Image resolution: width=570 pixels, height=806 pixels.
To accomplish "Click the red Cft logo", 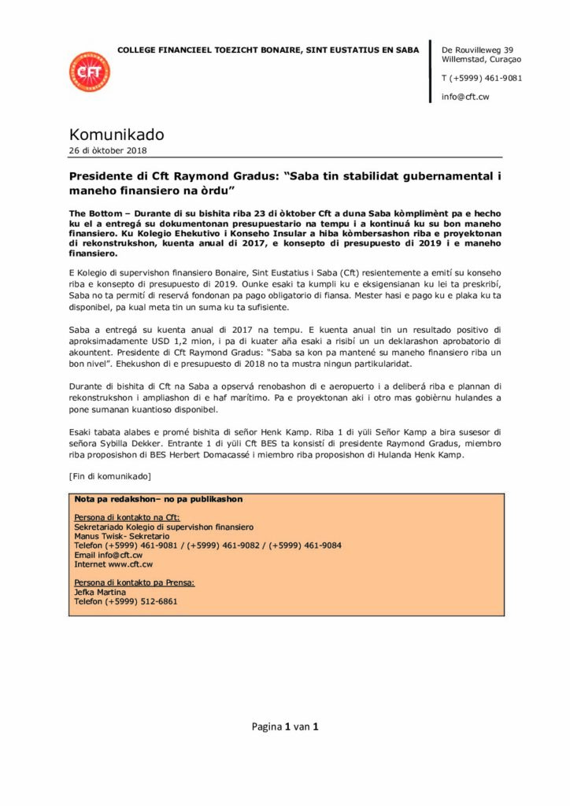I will [x=89, y=72].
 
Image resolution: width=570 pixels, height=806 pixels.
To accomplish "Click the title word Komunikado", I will [x=117, y=135].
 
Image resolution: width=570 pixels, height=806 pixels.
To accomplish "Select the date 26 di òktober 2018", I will [x=108, y=150].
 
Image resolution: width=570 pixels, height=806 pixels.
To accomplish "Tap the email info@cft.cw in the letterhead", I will [x=465, y=97].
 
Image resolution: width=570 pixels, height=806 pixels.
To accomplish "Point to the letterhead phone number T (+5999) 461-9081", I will [x=482, y=78].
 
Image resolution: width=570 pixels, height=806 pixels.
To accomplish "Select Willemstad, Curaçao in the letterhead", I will [x=481, y=59].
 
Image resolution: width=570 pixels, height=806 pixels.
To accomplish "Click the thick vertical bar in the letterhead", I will [x=430, y=71].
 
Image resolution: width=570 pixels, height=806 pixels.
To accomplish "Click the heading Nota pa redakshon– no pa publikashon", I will [x=158, y=499].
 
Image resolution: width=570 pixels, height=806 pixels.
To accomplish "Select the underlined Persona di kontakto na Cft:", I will [x=127, y=517].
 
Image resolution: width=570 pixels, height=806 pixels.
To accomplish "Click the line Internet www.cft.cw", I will [x=113, y=564].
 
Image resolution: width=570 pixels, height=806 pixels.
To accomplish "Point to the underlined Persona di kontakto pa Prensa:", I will [x=135, y=582].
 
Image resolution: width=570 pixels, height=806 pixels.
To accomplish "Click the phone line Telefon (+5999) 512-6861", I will [x=126, y=601].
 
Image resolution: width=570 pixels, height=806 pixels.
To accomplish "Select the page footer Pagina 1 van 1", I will [x=284, y=727].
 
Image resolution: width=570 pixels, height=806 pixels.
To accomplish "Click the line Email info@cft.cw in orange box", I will [x=109, y=555].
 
